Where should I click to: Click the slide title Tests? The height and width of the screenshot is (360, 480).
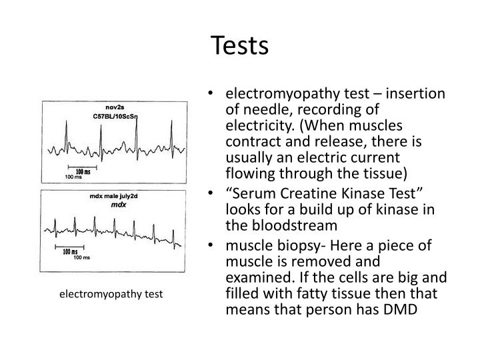[x=240, y=45]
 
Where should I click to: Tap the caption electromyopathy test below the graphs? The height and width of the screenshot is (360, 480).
[x=109, y=293]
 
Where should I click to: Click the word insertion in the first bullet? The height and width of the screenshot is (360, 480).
[x=417, y=94]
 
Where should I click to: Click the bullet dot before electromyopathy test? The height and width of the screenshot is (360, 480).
[x=211, y=95]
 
